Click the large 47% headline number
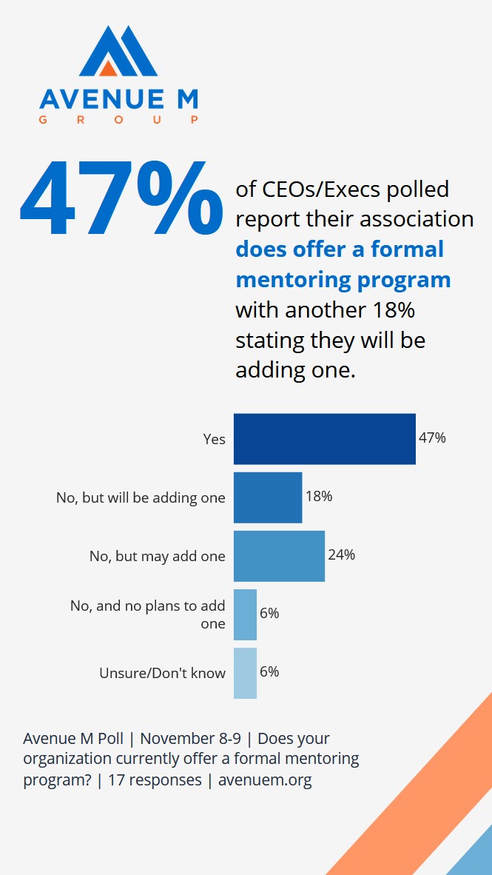point(121,194)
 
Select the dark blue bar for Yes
point(324,439)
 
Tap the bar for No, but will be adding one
point(268,497)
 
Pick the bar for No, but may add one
point(279,556)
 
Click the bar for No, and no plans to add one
point(245,614)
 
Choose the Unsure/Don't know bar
point(245,673)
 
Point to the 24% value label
point(341,554)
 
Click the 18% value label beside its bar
point(319,496)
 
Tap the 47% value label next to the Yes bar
point(432,437)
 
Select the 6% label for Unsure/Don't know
point(269,671)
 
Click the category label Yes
point(214,439)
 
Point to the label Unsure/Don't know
point(162,673)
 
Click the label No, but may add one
point(157,556)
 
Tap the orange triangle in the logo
point(108,68)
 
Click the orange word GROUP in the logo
point(118,119)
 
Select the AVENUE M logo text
point(118,99)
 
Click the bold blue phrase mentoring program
point(343,279)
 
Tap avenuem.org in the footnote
point(265,780)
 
